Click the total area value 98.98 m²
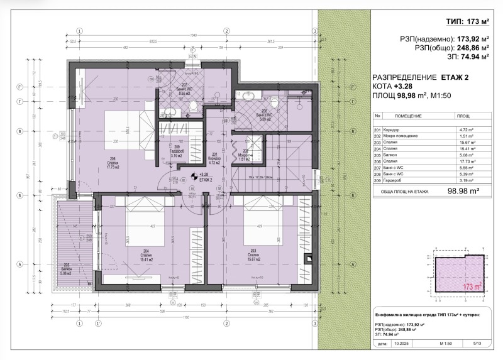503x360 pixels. coord(463,192)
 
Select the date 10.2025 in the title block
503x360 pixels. coord(402,344)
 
